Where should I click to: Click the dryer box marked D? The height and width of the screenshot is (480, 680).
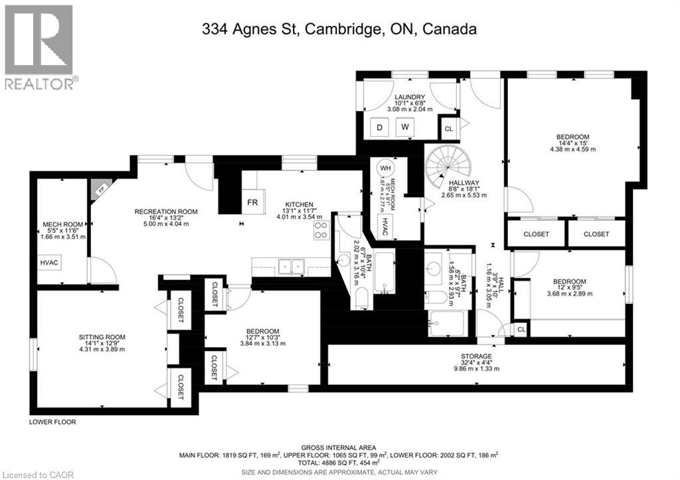pyautogui.click(x=381, y=126)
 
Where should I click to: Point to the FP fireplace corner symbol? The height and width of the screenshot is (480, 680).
pyautogui.click(x=98, y=189)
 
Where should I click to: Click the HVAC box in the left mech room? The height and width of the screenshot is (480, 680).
pyautogui.click(x=48, y=263)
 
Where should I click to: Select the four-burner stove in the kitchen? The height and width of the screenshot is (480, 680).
pyautogui.click(x=321, y=229)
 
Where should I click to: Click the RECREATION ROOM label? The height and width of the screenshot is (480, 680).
pyautogui.click(x=166, y=211)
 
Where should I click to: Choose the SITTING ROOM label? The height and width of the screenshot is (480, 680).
pyautogui.click(x=102, y=337)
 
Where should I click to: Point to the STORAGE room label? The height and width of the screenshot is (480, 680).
pyautogui.click(x=476, y=356)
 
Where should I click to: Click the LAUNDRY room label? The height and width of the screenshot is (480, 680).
pyautogui.click(x=408, y=98)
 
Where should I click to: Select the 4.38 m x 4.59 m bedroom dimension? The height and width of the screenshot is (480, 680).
pyautogui.click(x=572, y=150)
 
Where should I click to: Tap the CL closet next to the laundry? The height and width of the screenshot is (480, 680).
pyautogui.click(x=449, y=128)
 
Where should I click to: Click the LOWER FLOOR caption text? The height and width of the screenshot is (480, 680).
pyautogui.click(x=52, y=421)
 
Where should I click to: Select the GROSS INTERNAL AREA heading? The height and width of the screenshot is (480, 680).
pyautogui.click(x=339, y=447)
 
